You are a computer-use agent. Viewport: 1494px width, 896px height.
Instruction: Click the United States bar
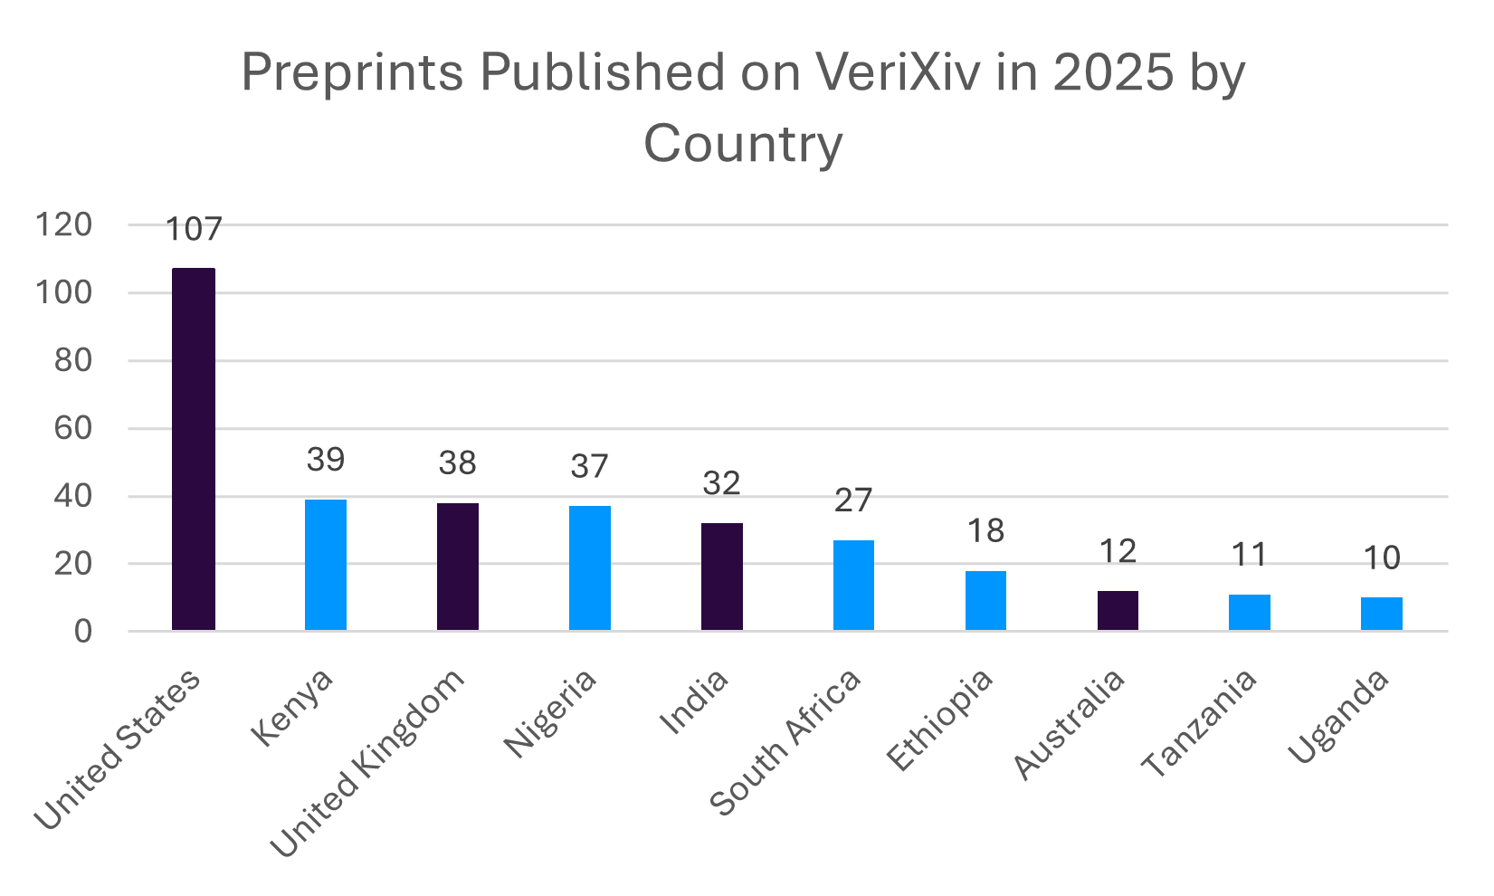coord(194,449)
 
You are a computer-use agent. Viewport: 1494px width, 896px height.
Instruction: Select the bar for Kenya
coord(326,565)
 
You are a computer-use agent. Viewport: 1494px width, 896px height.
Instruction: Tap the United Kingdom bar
coord(458,567)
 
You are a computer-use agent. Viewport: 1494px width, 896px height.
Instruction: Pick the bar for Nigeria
coord(590,568)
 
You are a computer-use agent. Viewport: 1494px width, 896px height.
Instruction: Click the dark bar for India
coord(722,577)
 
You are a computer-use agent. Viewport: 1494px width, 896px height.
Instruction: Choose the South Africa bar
coord(853,585)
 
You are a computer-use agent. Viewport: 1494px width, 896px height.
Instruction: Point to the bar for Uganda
coord(1382,614)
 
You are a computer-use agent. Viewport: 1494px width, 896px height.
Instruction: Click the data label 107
coord(194,229)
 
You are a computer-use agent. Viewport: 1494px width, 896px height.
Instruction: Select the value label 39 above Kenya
coord(326,460)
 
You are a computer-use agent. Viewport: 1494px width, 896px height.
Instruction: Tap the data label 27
coord(853,500)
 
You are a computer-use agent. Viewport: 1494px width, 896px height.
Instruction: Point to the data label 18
coord(985,531)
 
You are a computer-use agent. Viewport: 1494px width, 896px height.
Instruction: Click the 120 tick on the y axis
coord(63,225)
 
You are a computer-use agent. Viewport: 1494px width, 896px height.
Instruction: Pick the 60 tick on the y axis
coord(73,428)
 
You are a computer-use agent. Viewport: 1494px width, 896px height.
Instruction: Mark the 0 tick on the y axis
coord(83,632)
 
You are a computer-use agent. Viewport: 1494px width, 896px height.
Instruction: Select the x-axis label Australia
coord(1071,724)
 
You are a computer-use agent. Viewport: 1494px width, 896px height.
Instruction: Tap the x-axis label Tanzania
coord(1200,724)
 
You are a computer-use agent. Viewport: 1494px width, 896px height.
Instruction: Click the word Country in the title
coord(743,144)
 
